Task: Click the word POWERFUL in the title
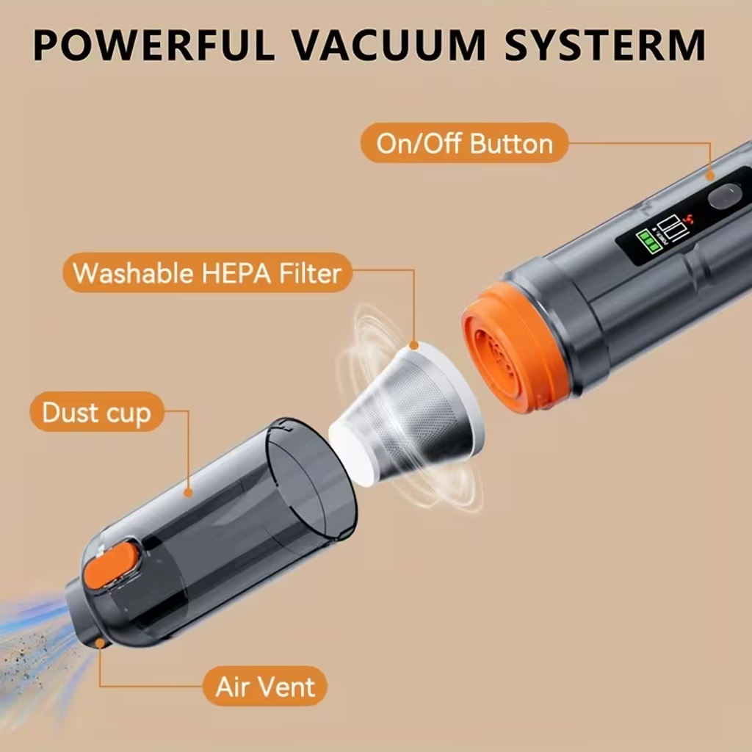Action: tap(154, 45)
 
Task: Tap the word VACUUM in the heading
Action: tap(389, 45)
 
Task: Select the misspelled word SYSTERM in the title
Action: tap(605, 45)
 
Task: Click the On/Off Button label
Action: tap(464, 143)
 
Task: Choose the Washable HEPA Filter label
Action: tap(207, 272)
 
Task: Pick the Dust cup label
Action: tap(97, 412)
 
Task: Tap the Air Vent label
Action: tap(264, 687)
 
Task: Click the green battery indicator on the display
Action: tap(648, 240)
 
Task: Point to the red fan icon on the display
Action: tap(689, 219)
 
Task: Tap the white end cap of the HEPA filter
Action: tap(352, 455)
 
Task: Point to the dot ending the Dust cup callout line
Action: tap(189, 493)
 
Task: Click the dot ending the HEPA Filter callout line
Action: tap(414, 345)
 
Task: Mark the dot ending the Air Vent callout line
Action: tap(100, 643)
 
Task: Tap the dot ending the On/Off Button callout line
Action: tap(710, 176)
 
